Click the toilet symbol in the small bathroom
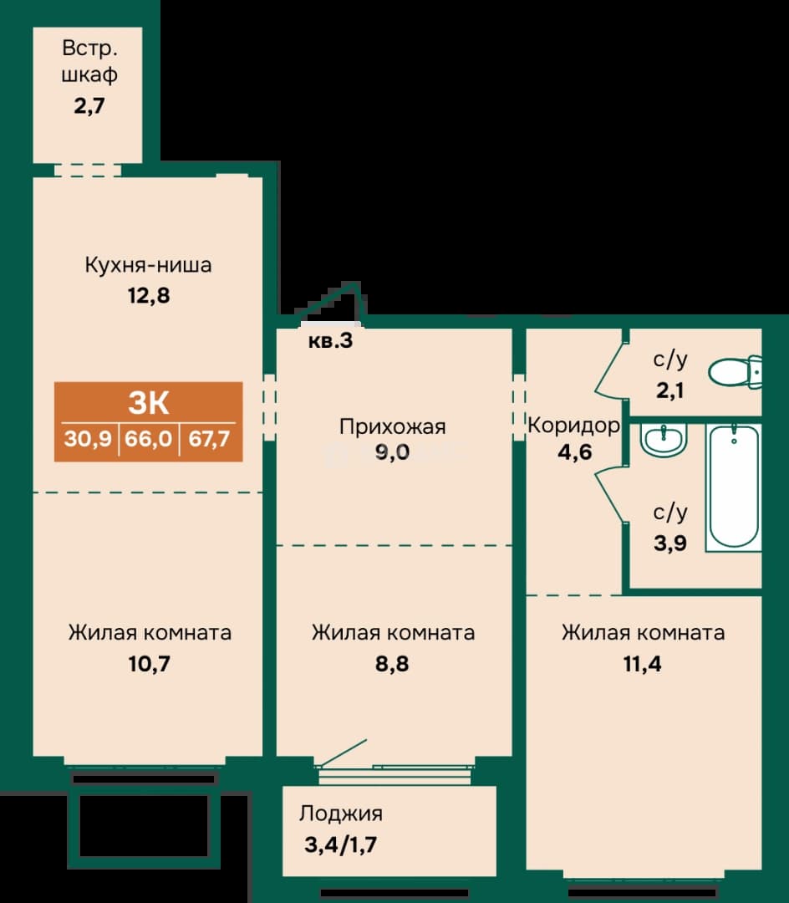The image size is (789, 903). coord(735,371)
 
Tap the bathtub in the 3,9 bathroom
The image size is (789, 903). coord(734,487)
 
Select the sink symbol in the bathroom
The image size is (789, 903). coord(664,441)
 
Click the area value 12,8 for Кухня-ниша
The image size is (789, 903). coord(149,295)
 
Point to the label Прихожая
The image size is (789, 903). coord(392,426)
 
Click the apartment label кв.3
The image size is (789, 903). coord(330,340)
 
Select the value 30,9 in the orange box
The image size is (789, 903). coord(88,439)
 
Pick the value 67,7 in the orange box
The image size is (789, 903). coord(210,439)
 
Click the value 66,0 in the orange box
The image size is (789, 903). coord(149,439)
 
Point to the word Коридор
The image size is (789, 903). coord(573,426)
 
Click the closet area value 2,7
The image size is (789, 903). coord(89,106)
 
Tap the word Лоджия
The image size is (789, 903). coord(341,814)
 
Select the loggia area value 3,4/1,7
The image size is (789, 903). coord(341,844)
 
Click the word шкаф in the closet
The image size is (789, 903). coord(89,75)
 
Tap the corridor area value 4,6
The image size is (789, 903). coord(574,452)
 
